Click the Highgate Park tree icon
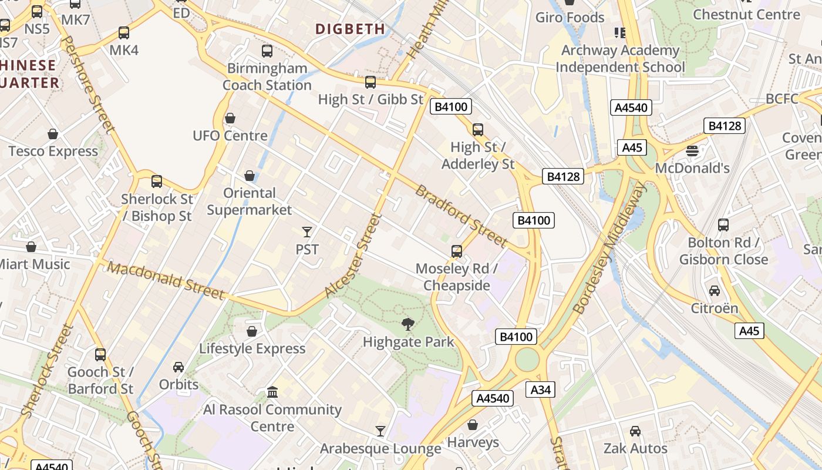coord(408,324)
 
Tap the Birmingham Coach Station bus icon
coord(267,51)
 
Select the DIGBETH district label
coord(351,29)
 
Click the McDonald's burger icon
coord(692,151)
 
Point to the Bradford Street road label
coord(461,216)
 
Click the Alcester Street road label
coord(353,256)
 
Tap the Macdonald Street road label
coord(166,280)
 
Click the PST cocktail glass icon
coord(306,231)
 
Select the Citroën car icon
coord(715,291)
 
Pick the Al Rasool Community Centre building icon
coord(272,392)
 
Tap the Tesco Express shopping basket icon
coord(53,134)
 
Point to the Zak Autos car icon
coord(635,431)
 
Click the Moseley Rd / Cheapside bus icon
coord(457,251)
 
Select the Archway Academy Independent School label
coord(620,59)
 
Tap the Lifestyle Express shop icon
coord(252,331)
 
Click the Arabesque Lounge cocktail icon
coord(380,431)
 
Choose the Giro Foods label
coord(570,18)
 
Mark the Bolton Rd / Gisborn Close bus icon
coord(723,225)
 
